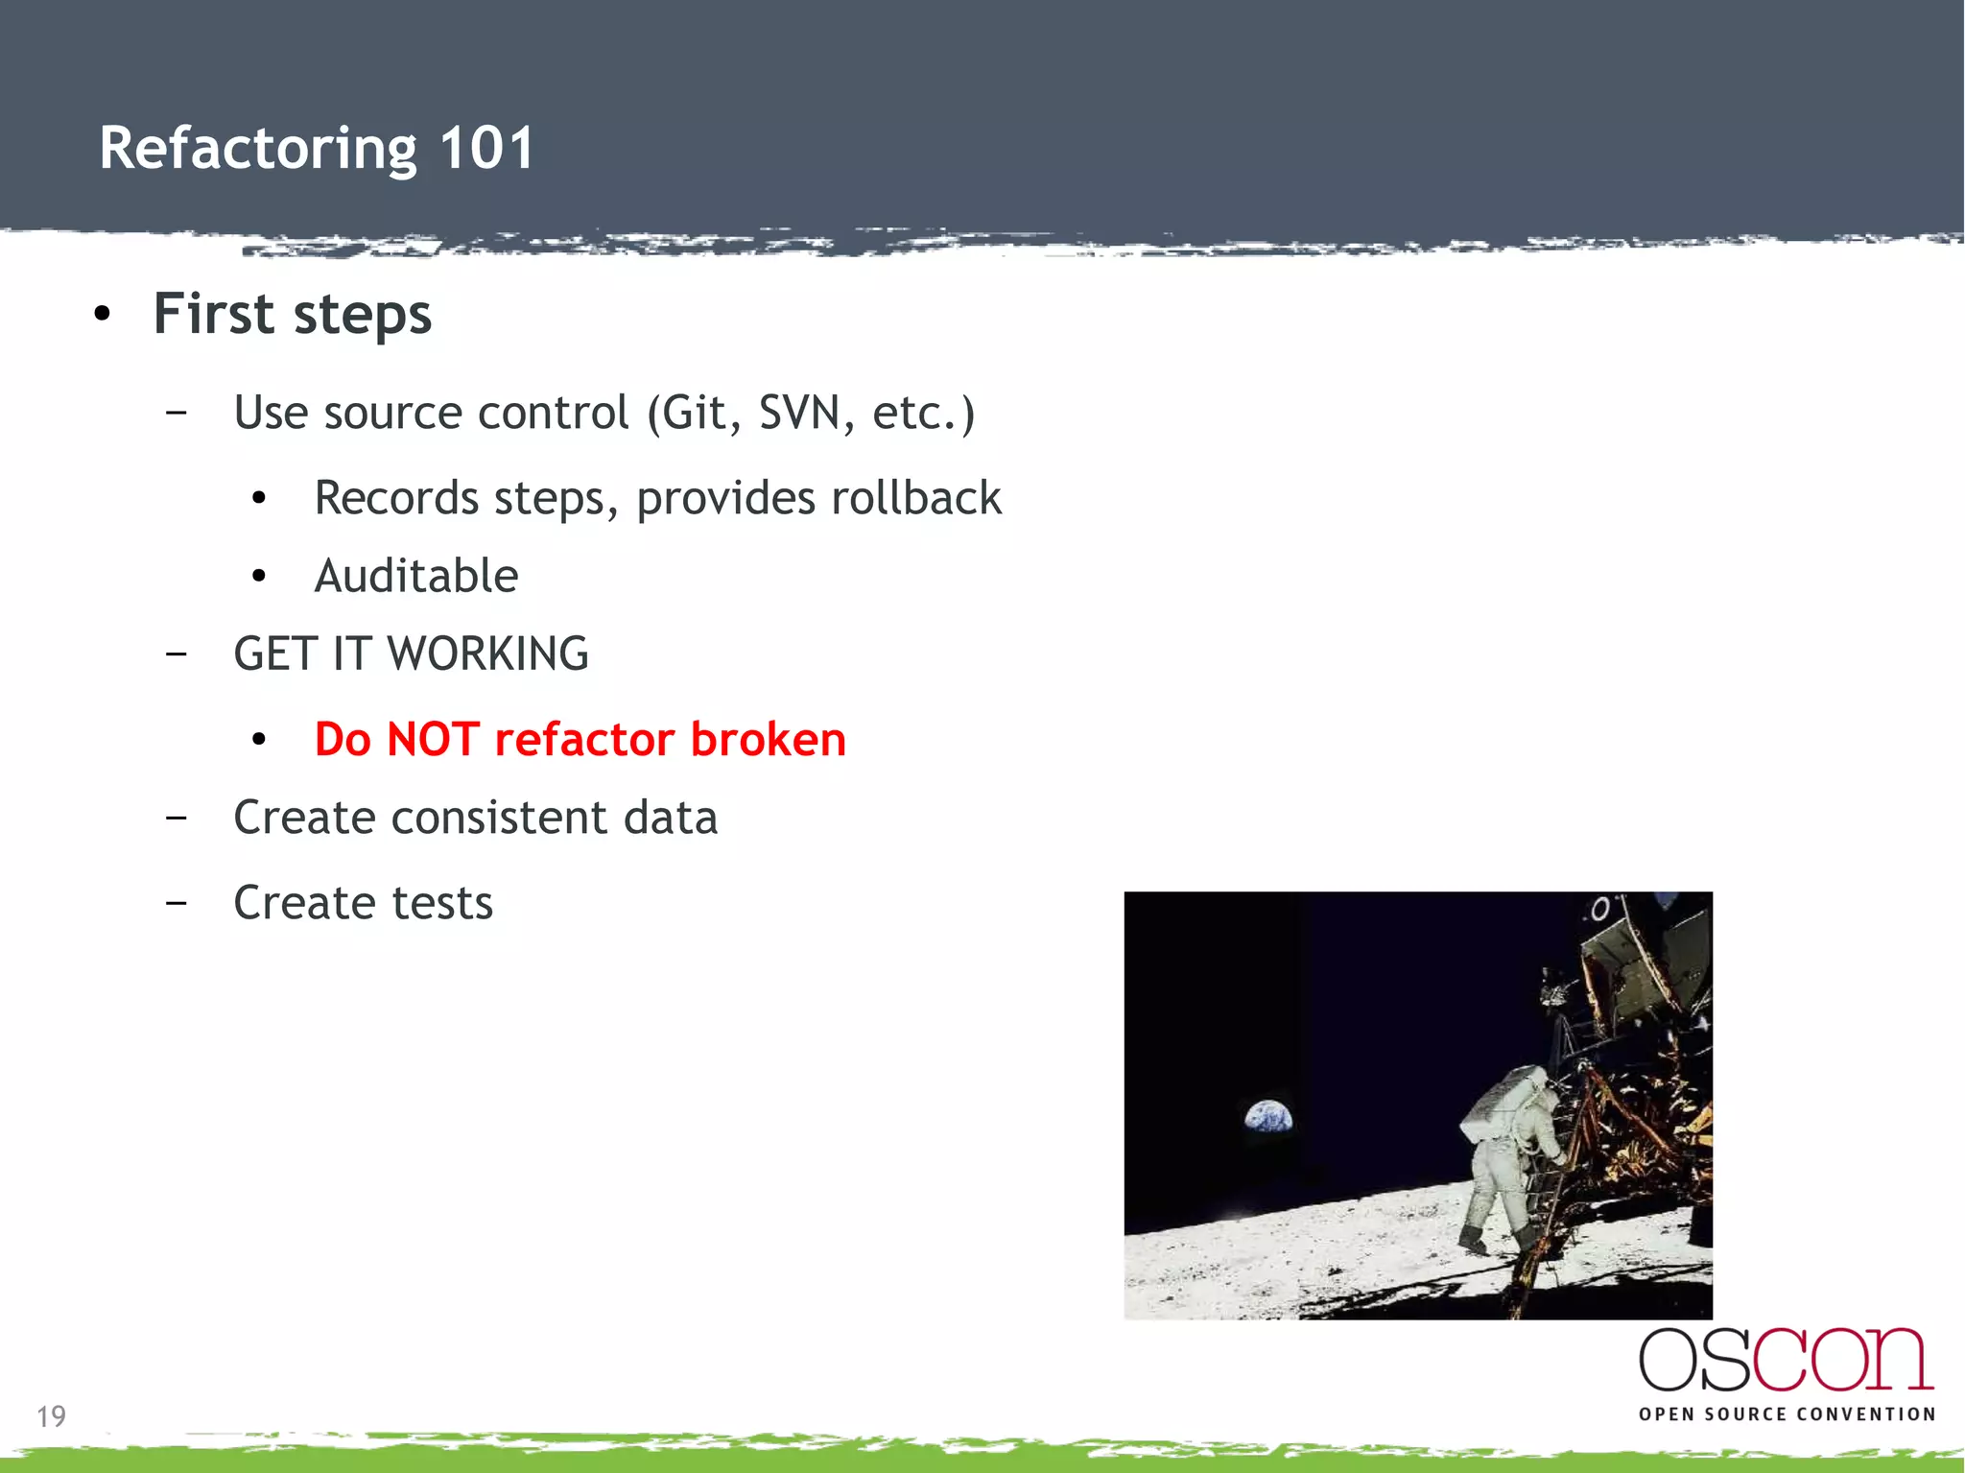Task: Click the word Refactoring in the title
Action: click(257, 150)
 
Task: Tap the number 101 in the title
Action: click(485, 148)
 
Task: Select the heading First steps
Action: click(293, 314)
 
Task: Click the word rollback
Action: click(915, 498)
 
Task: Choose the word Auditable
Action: click(416, 576)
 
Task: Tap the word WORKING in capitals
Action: click(487, 654)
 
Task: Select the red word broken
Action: click(768, 740)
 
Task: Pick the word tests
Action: click(441, 903)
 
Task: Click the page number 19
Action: click(51, 1416)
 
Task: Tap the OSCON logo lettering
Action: click(1786, 1360)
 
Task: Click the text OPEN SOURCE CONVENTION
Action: click(1787, 1414)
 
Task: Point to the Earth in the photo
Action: click(1268, 1117)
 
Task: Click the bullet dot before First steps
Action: click(103, 314)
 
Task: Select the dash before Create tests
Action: click(176, 903)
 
